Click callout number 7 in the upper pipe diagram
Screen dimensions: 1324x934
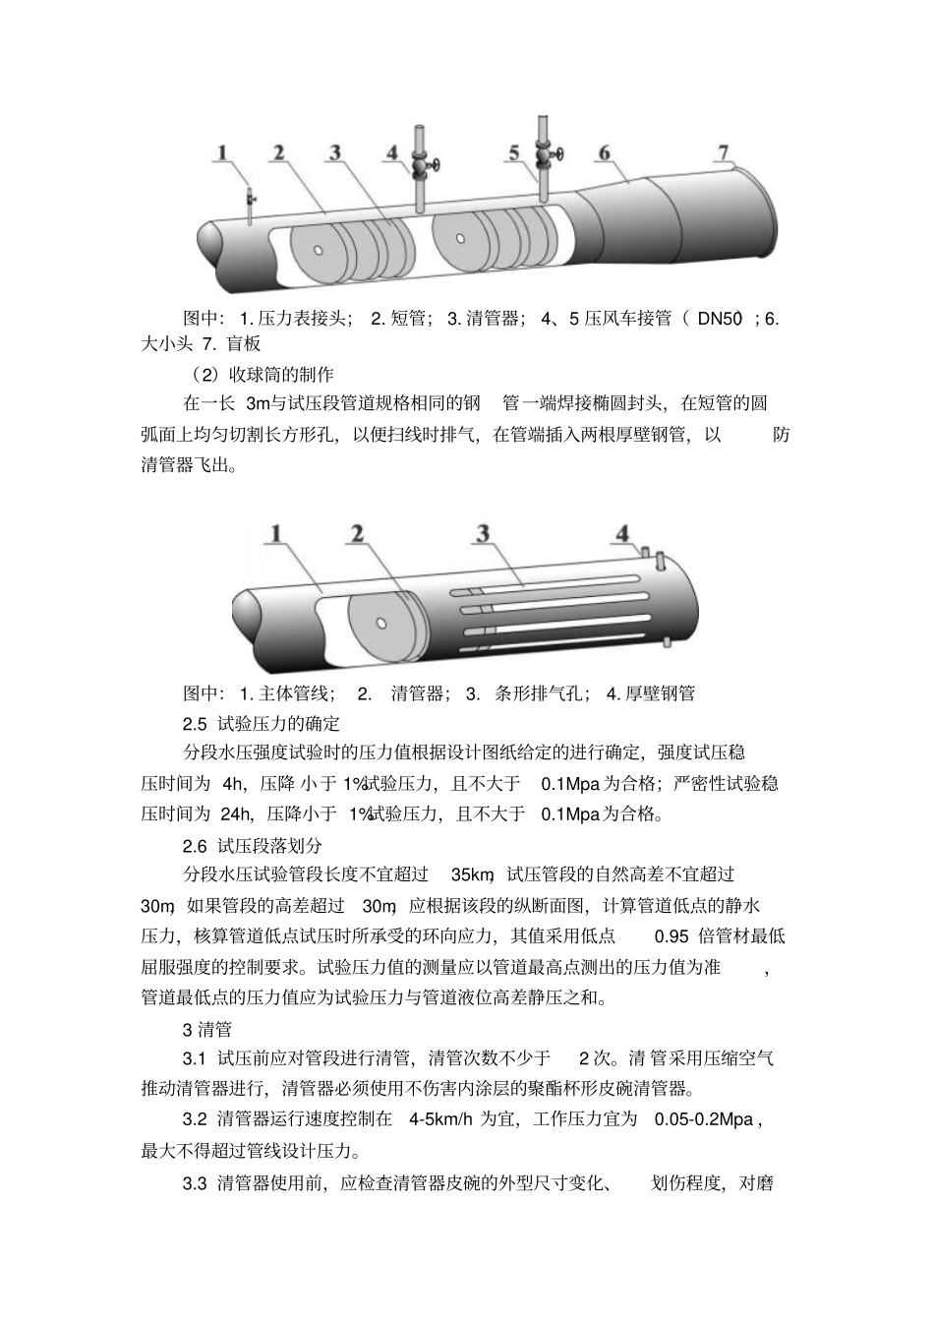point(724,152)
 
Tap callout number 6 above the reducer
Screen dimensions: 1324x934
point(604,152)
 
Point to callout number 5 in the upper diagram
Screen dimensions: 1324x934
point(513,152)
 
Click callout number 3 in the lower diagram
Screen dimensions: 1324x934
point(482,533)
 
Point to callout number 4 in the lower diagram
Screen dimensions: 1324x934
point(621,533)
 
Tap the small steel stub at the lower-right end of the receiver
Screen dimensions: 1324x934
point(667,642)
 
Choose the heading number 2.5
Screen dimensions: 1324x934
point(195,723)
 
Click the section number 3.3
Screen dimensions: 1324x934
point(195,1182)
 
